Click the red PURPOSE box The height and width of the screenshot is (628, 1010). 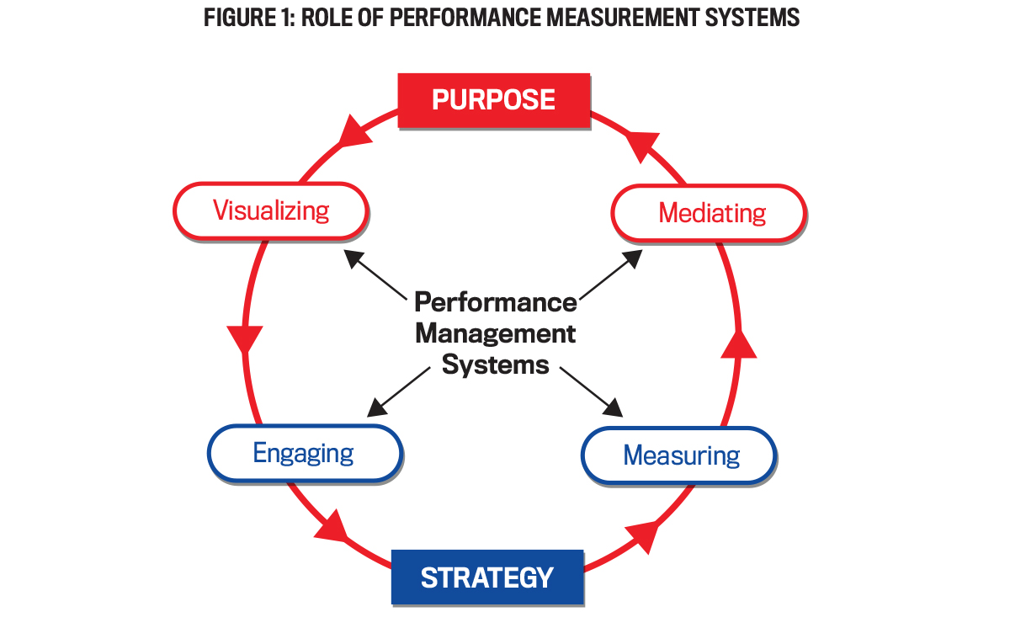pos(493,99)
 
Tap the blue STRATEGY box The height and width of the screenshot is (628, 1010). pos(486,577)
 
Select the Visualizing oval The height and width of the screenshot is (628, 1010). pos(270,210)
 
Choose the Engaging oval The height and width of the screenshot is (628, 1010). pos(304,453)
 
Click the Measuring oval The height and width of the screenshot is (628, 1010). pos(680,455)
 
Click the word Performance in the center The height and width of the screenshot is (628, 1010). pos(496,301)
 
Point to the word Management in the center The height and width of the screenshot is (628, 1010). pos(496,333)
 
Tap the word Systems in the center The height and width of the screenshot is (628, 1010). pos(496,365)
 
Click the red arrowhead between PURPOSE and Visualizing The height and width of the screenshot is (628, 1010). pos(354,132)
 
